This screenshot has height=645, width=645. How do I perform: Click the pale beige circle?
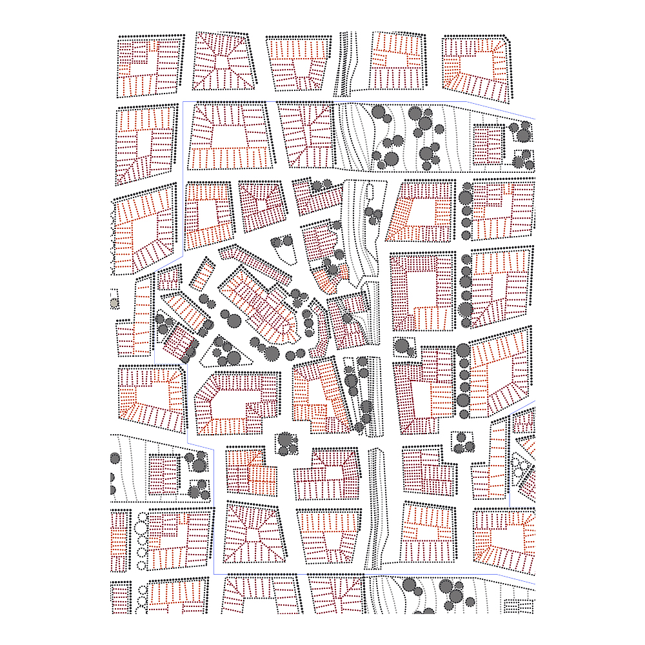[x=114, y=303]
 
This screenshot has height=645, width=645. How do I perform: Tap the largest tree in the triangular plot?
[x=233, y=357]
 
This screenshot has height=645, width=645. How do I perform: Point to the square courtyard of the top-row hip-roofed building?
[x=223, y=62]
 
